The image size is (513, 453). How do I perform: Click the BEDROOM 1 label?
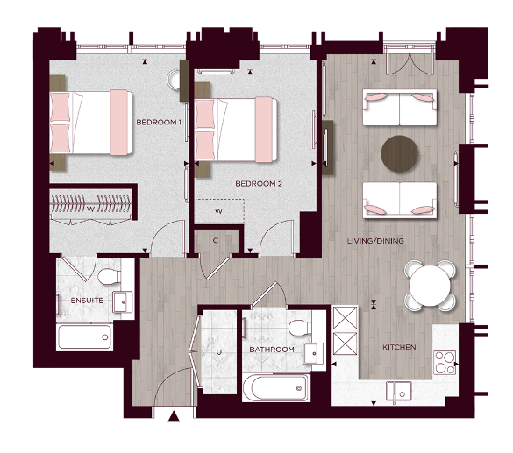point(158,122)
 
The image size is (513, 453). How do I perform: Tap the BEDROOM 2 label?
point(258,184)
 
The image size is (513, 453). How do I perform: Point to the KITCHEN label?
point(399,348)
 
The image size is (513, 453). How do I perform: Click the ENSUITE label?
point(87,301)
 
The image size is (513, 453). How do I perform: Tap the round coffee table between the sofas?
point(400,152)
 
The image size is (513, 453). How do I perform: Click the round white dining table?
point(430,285)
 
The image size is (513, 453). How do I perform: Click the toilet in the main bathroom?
point(299,329)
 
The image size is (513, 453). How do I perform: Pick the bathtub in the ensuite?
point(84,336)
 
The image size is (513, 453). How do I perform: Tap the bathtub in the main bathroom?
point(275,386)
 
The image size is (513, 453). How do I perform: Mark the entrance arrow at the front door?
point(174,418)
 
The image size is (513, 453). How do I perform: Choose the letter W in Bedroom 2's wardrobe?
point(217,211)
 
